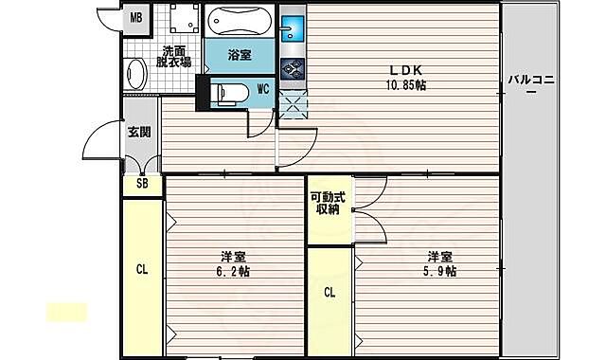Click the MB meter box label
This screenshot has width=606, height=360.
pos(136,17)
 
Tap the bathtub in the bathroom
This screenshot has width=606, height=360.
pos(239,21)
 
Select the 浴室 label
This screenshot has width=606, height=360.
pos(240,55)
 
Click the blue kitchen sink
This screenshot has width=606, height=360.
pos(293,28)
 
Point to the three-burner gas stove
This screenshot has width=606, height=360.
pos(293,69)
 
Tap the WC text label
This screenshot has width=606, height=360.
pos(263,89)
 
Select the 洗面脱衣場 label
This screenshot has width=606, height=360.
pos(173,57)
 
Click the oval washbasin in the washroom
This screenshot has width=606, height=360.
pos(135,74)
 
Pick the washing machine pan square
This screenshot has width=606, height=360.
pos(185,18)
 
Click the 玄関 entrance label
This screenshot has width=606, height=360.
pos(139,133)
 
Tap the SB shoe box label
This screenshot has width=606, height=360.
pos(142,183)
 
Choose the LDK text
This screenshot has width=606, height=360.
pos(405,70)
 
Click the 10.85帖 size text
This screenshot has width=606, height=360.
pos(406,85)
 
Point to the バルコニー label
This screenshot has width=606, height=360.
pos(531,84)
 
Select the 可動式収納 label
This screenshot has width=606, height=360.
pos(329,204)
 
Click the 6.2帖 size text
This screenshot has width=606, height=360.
pos(233,272)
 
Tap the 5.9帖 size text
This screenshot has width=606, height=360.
pos(439,272)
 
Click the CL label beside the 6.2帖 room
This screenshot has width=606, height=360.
pos(142,269)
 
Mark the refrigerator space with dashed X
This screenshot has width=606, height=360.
pos(293,104)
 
